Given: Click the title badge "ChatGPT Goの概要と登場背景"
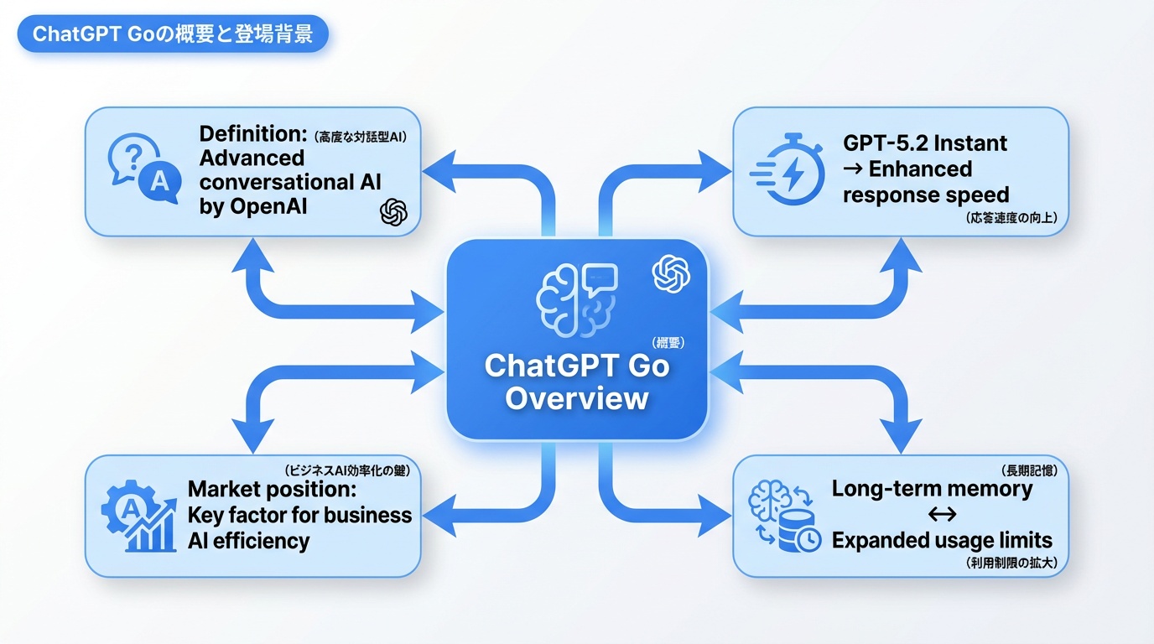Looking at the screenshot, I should [172, 35].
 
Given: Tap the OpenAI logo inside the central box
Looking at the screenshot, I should [670, 273].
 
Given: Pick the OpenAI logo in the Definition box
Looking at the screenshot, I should [393, 212].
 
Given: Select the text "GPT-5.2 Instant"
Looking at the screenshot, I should [925, 143].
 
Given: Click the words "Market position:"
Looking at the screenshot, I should [273, 489].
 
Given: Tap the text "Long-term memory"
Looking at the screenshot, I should [932, 488].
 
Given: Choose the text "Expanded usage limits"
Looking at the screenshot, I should [941, 540].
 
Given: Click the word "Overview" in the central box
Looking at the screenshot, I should [577, 397].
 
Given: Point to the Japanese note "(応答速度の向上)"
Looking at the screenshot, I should [1011, 219].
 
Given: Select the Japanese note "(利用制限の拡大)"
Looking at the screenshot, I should [1011, 564].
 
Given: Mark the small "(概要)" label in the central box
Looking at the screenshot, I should [668, 342].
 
